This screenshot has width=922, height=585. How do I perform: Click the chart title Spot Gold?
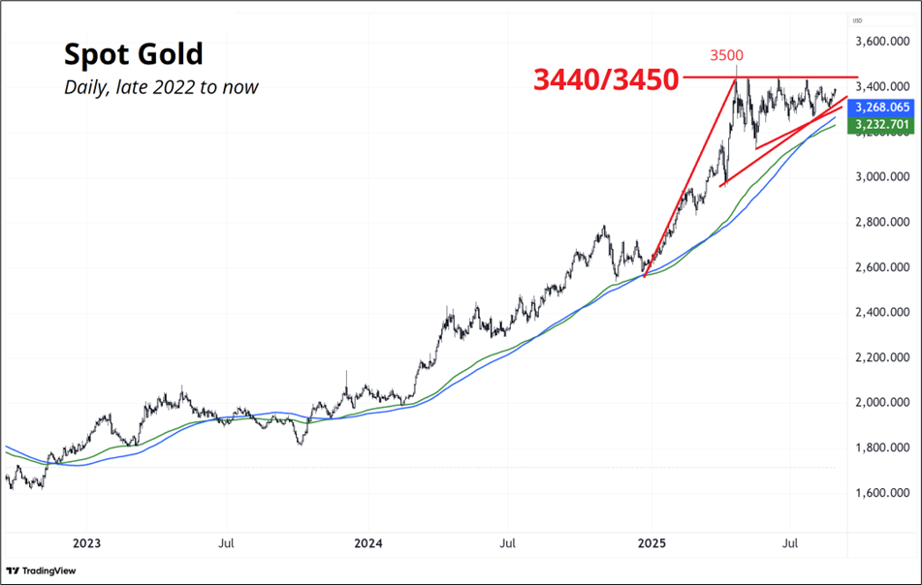(x=133, y=53)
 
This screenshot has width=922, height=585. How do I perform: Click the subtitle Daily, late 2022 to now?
(x=161, y=87)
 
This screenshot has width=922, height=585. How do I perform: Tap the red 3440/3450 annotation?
(x=604, y=80)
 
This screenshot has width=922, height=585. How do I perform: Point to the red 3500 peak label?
(x=726, y=55)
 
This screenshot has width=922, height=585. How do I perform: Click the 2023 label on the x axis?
(x=86, y=543)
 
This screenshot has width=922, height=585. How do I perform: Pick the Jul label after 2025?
(x=791, y=543)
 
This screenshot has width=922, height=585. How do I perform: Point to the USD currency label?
(x=858, y=20)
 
